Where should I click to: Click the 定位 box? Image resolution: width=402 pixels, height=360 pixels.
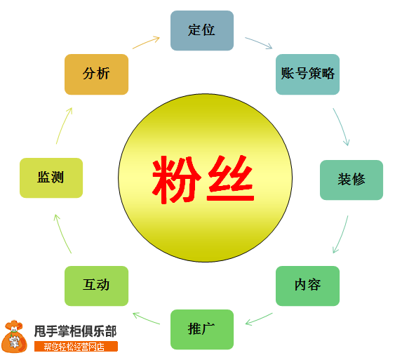coord(202,30)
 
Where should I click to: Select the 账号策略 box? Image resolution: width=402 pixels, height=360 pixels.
coord(308,74)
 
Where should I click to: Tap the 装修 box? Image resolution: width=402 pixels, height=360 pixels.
coord(351,180)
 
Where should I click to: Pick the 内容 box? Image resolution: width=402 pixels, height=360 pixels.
coord(308,286)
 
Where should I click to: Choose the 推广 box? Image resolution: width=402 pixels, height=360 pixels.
coord(202,330)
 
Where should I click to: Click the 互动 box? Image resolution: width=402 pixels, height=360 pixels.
coord(96,286)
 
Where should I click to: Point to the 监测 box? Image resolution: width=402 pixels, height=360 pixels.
coord(51,178)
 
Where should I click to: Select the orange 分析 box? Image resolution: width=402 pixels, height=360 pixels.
coord(96,74)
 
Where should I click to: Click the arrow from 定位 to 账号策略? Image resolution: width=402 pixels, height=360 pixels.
coord(259,42)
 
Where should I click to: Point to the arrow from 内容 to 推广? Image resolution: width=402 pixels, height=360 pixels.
coord(259,319)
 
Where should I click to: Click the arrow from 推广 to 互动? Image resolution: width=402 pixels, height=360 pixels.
coord(146,318)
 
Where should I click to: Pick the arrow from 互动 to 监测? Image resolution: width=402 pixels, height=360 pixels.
coord(62,233)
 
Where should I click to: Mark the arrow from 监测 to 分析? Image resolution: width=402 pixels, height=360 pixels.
coord(63,125)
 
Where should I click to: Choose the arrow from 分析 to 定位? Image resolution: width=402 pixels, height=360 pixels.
coord(146,43)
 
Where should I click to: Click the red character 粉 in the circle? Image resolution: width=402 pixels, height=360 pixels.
coord(176,180)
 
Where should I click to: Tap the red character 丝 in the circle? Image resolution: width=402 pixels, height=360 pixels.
coord(231,178)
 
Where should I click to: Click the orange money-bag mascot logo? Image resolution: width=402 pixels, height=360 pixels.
coord(14,336)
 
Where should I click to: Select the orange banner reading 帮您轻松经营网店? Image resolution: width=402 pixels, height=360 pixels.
coord(76,347)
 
